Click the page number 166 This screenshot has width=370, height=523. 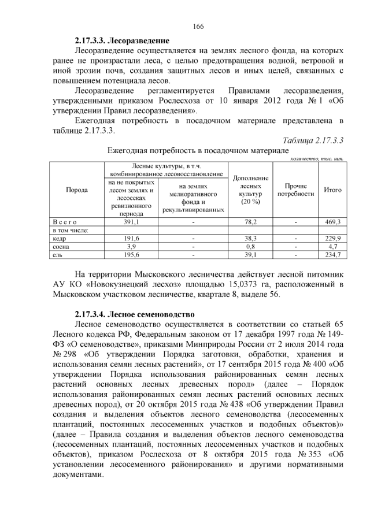coord(198,27)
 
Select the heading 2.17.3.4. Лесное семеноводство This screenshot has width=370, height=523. coord(135,314)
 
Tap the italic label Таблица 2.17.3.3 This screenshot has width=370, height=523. coord(313,140)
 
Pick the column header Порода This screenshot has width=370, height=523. coord(77,190)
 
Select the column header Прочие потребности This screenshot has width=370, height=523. coord(295,190)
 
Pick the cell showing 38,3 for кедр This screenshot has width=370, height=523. coord(250,238)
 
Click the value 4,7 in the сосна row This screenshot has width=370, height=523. coord(333,246)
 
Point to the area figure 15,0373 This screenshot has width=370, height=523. coord(251,284)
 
